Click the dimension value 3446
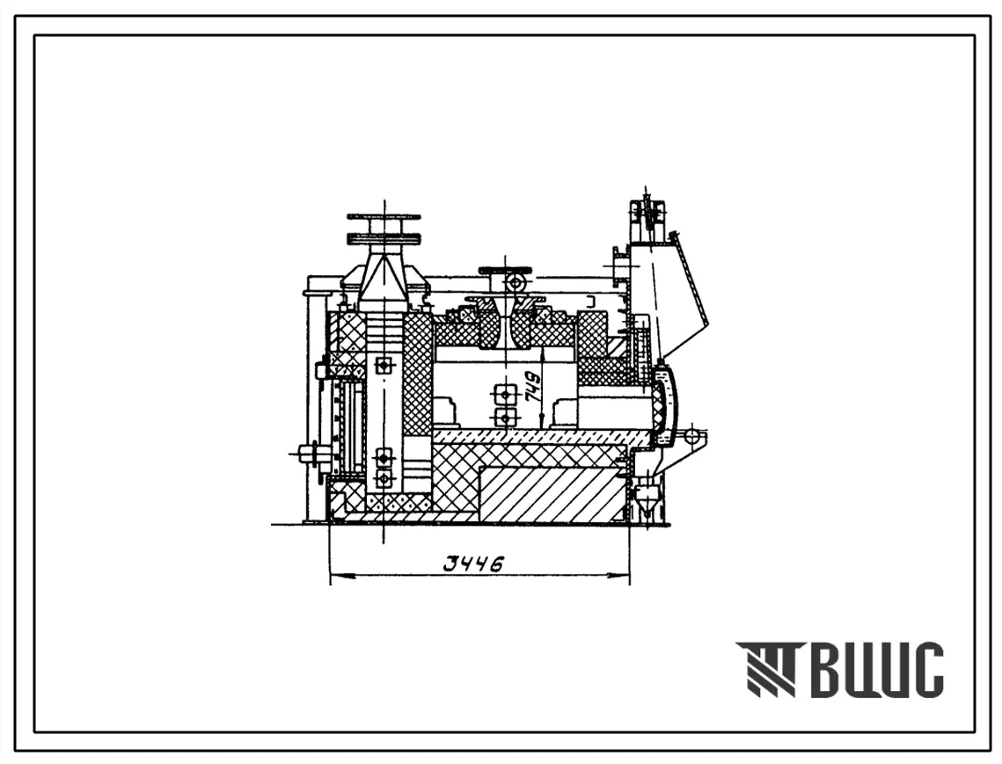[474, 564]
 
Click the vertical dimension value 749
[532, 387]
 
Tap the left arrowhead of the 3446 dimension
[342, 576]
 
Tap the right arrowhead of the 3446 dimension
[618, 576]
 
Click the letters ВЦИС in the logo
[877, 669]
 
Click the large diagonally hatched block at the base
[552, 493]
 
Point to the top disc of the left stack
[384, 217]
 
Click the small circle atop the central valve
[515, 282]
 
